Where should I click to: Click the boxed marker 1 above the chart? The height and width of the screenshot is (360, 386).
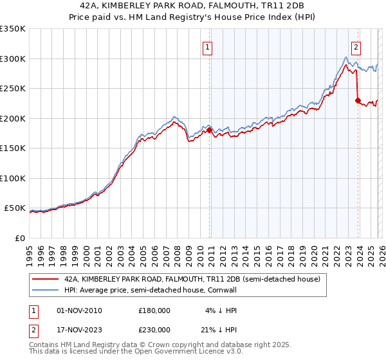click(208, 46)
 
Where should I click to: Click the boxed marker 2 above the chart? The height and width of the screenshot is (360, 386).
click(356, 46)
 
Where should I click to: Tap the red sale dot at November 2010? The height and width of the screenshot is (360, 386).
click(209, 130)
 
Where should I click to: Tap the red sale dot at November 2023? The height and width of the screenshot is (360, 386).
click(358, 100)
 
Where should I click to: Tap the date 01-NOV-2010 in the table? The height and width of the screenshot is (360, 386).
click(79, 310)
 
